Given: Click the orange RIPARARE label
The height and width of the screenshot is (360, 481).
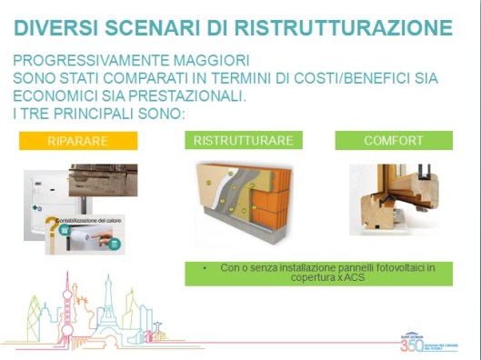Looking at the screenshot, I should [x=78, y=141].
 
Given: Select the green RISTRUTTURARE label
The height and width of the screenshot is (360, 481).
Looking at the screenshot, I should [x=243, y=141].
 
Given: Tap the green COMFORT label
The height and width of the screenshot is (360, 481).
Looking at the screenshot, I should [x=394, y=141].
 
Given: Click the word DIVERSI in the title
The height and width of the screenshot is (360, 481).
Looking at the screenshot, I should [x=63, y=26].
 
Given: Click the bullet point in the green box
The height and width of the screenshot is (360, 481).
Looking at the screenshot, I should [x=207, y=268].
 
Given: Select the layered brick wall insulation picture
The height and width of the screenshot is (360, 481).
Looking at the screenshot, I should [x=244, y=201].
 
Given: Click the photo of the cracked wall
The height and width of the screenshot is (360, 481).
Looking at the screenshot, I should [x=102, y=180].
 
